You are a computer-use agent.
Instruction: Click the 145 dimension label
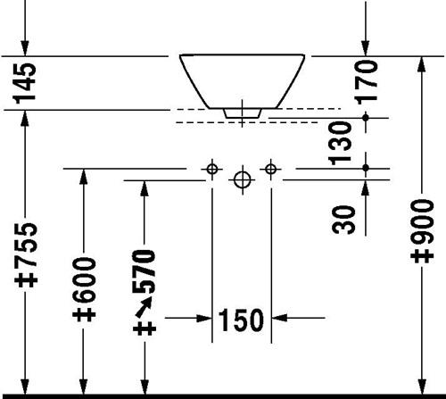25,83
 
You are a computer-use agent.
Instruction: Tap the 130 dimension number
340,143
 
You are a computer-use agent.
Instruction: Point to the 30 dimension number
343,220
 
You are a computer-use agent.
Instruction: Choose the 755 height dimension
26,244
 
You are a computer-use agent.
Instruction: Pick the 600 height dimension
84,279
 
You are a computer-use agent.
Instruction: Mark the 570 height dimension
145,271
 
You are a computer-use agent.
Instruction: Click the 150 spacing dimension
241,320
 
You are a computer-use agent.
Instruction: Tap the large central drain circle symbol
243,179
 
